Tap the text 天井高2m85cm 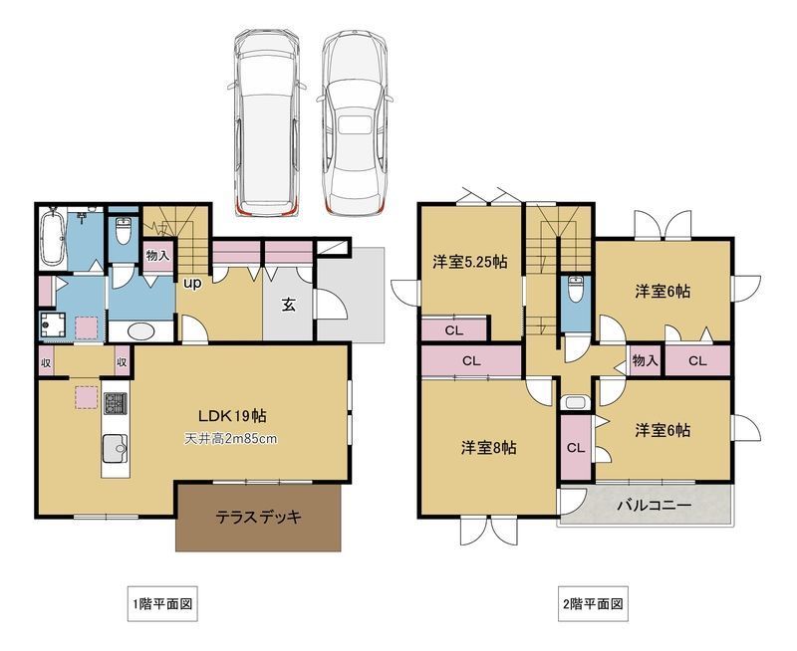tap(229, 439)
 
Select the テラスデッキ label tap(259, 518)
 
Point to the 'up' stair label tap(191, 282)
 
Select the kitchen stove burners tap(114, 406)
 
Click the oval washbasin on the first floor tap(144, 331)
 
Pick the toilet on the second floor tap(574, 294)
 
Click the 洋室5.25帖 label tap(470, 263)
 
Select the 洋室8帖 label tap(488, 447)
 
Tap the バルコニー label tap(654, 506)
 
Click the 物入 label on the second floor tap(645, 360)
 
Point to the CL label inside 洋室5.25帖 tap(453, 330)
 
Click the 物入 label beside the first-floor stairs tap(157, 256)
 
